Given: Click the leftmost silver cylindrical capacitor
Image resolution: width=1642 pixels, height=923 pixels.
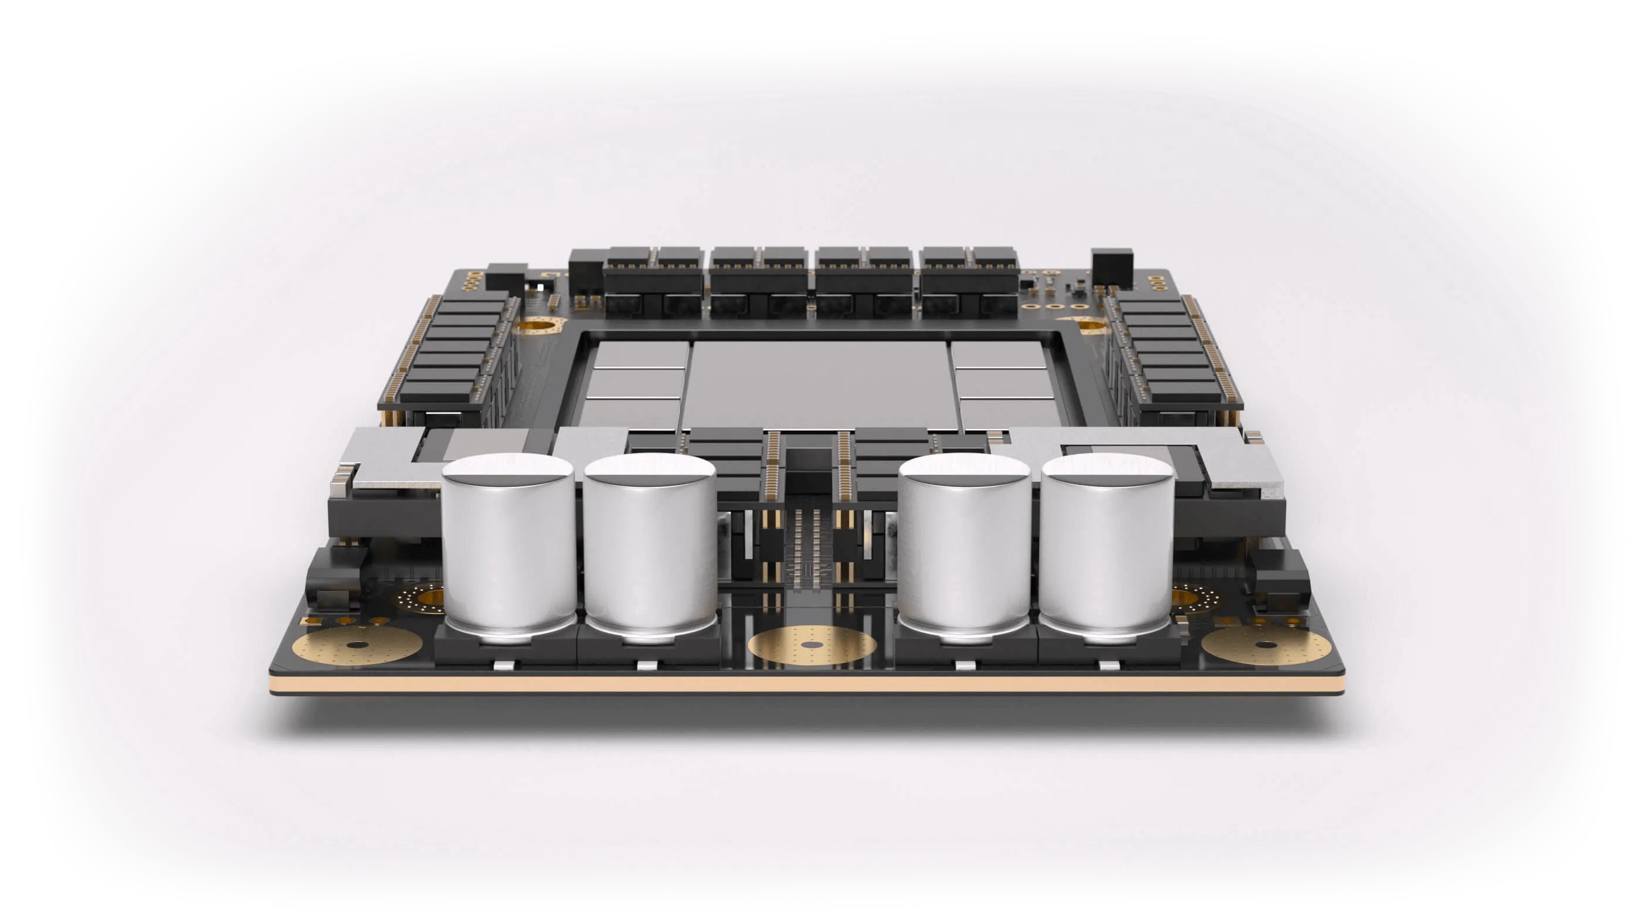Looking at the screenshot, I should [508, 548].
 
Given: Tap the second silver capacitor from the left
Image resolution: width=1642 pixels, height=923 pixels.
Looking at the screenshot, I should [650, 548].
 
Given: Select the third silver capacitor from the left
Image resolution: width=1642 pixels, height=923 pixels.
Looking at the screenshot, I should [964, 548].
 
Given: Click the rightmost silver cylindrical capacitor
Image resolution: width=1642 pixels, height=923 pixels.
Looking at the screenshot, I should [1107, 548].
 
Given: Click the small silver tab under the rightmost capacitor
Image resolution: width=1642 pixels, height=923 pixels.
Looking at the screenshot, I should [1107, 666].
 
